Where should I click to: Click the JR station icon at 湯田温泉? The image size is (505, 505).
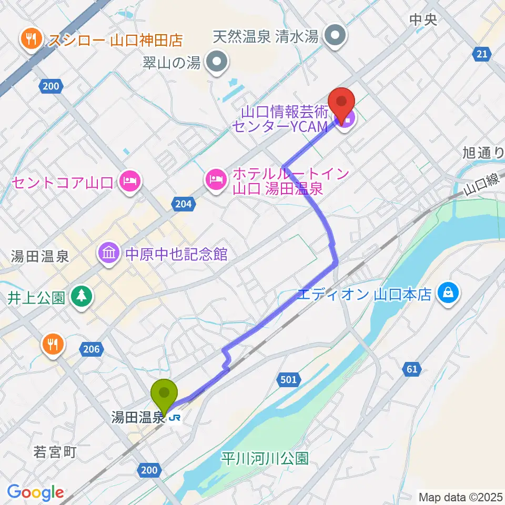(176, 418)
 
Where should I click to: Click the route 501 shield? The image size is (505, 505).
(288, 379)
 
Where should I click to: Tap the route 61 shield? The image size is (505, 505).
(412, 369)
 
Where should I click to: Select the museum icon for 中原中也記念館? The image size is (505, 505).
(108, 254)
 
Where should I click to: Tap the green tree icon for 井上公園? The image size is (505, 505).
(82, 297)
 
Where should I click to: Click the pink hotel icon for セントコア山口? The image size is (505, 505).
(129, 182)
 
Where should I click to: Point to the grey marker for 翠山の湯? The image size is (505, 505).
(216, 63)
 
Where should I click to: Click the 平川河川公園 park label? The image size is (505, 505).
(264, 459)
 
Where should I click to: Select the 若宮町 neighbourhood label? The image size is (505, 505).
(55, 451)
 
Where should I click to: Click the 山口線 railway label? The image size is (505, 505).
(481, 185)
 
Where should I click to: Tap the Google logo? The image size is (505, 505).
(35, 492)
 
